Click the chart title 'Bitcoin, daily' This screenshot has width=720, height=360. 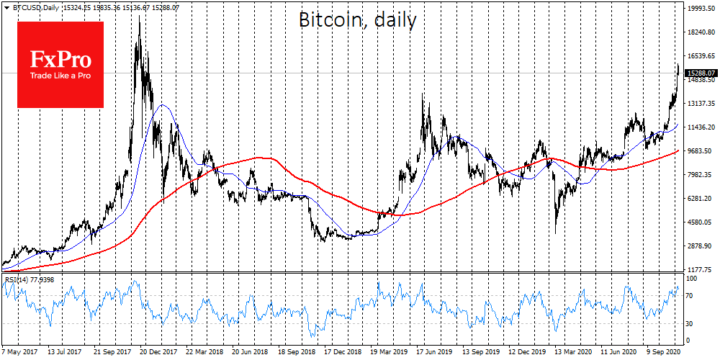point(357,20)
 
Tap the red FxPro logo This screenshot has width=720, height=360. point(60,65)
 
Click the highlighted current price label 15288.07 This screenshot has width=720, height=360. point(701,73)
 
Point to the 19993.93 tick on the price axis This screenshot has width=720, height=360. point(701,9)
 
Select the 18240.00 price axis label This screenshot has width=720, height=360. point(701,32)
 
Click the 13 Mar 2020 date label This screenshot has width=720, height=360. point(564,354)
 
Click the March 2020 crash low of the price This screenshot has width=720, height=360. point(555,232)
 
